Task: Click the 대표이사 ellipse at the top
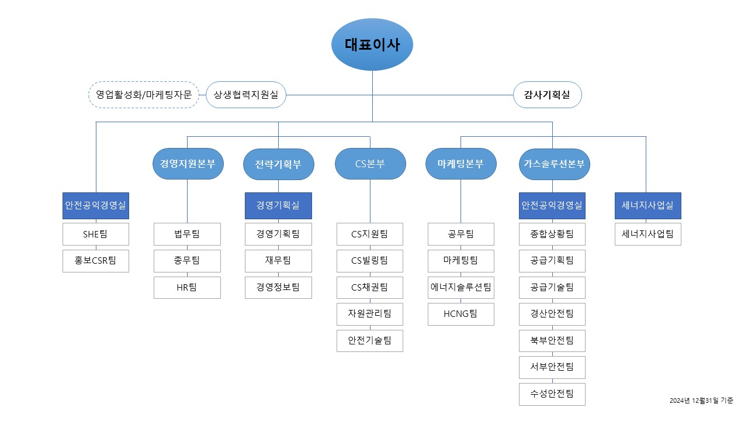pos(372,44)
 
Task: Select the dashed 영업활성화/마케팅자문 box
pos(144,95)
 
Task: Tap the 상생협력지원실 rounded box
pos(246,95)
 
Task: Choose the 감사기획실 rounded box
pos(548,95)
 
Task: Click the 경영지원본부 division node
pos(187,164)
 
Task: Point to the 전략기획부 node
pos(278,164)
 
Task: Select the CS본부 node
pos(370,164)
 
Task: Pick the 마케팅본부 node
pos(461,164)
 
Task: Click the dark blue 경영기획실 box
pos(278,205)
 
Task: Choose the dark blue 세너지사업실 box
pos(647,205)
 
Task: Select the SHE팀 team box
pos(96,234)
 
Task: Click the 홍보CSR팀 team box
pos(96,261)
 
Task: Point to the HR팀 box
pos(187,288)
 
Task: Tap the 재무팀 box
pos(278,261)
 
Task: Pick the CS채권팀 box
pos(370,288)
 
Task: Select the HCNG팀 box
pos(461,314)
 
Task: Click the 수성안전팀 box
pos(552,394)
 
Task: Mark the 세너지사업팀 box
pos(647,234)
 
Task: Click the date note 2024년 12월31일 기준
pos(701,401)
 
